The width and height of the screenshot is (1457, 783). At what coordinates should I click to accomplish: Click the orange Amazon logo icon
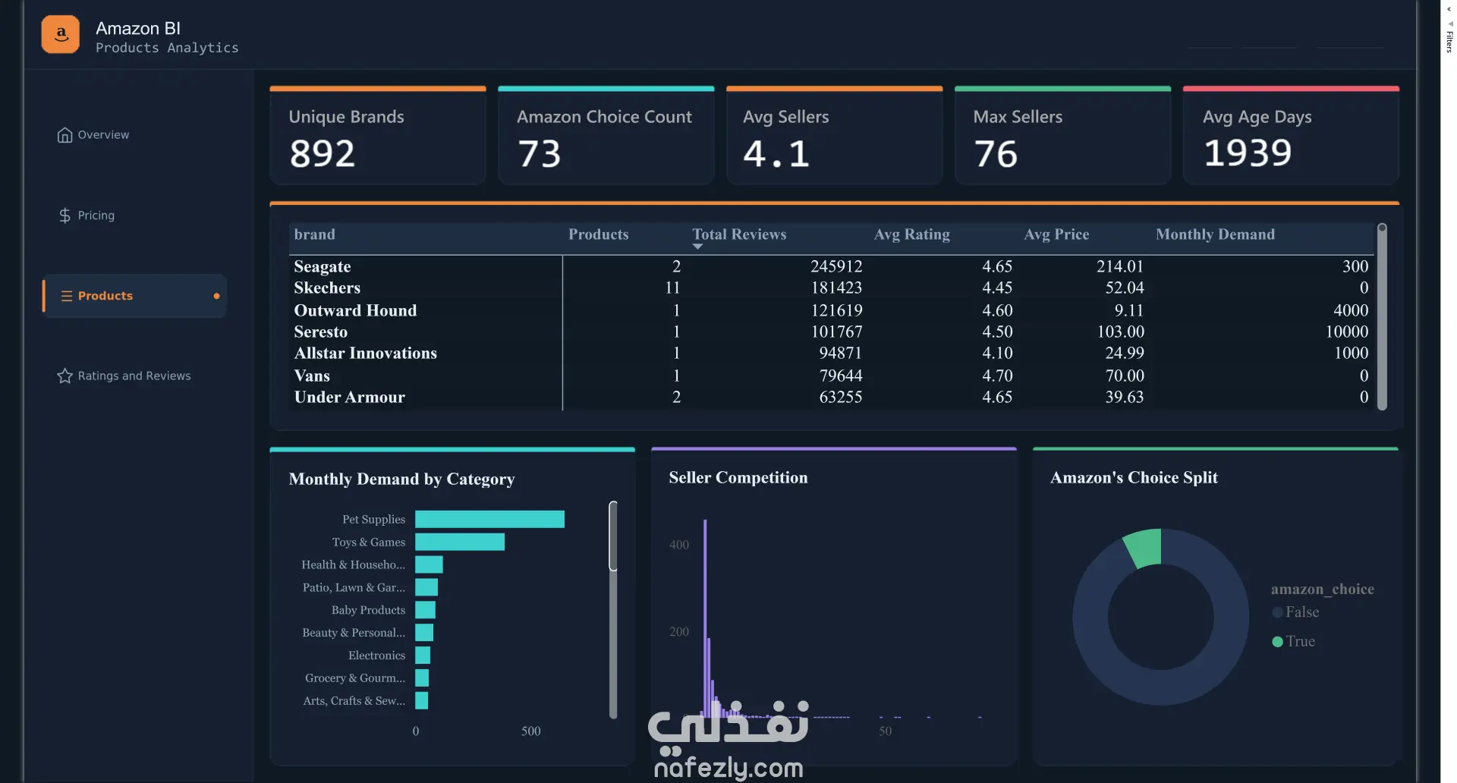click(x=61, y=34)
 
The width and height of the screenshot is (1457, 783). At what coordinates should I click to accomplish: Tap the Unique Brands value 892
click(x=323, y=153)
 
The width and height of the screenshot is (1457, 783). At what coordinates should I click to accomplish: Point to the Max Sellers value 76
click(x=996, y=153)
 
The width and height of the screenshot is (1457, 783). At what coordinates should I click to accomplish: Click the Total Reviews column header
click(x=739, y=234)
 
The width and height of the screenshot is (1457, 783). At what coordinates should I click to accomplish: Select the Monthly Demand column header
click(x=1215, y=234)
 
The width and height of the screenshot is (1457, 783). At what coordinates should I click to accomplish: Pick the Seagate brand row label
click(x=323, y=266)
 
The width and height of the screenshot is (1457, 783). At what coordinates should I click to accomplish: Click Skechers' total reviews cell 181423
click(x=836, y=288)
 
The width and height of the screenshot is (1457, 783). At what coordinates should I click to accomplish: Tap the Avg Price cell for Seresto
click(x=1120, y=332)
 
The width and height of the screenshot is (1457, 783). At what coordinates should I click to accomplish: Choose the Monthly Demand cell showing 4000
click(x=1351, y=310)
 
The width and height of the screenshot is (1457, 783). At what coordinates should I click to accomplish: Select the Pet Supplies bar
click(x=489, y=519)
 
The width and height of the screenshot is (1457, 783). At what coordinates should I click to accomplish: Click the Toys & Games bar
click(x=460, y=542)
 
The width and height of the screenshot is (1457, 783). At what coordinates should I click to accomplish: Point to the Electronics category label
click(x=376, y=656)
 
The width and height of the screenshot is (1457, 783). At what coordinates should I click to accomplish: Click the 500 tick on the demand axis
click(x=530, y=731)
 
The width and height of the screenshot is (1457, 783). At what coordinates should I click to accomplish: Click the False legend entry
click(x=1295, y=612)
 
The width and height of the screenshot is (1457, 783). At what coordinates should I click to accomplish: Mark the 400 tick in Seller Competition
click(x=679, y=545)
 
